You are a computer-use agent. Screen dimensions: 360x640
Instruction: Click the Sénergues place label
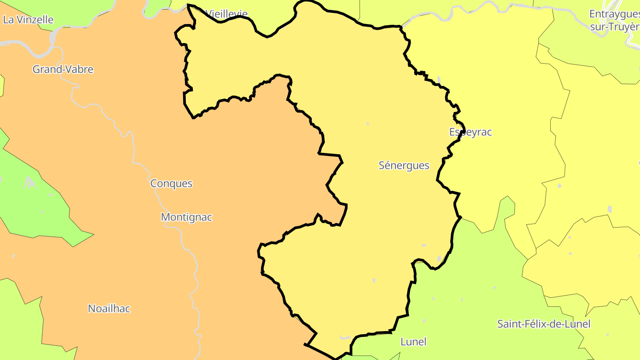tap(404, 165)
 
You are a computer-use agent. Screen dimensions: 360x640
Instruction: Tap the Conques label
tap(171, 183)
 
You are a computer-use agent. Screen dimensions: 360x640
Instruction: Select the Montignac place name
tap(186, 217)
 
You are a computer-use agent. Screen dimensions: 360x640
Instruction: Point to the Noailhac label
tap(109, 308)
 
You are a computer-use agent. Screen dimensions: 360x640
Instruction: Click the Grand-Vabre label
tap(63, 69)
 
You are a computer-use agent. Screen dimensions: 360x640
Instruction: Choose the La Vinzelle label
tap(28, 20)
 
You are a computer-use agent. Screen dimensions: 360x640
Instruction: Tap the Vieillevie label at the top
tap(227, 14)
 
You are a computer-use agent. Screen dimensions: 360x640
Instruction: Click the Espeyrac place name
tap(470, 132)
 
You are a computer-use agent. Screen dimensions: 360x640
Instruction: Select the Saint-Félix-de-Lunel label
tap(544, 324)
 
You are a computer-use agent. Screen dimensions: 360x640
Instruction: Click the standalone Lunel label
tap(413, 342)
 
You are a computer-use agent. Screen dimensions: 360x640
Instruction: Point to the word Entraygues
tap(614, 14)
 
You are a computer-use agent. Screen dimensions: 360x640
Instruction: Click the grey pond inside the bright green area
tap(29, 182)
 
